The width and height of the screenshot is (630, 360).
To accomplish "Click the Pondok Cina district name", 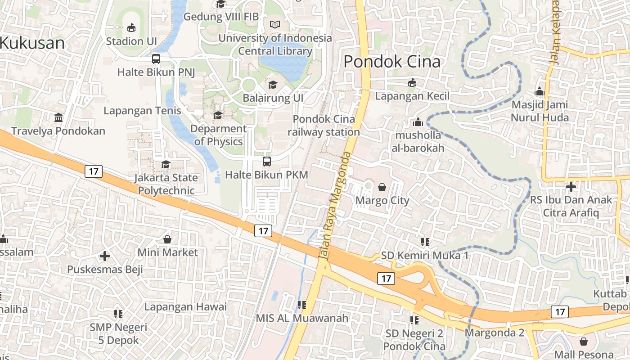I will coord(392,62).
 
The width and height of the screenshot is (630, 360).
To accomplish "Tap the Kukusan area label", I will coord(32,43).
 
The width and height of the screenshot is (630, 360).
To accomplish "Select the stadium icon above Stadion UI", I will coord(131,28).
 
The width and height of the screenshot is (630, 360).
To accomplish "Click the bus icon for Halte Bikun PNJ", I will coord(156,58).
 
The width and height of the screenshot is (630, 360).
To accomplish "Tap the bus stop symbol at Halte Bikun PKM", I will coord(267,161).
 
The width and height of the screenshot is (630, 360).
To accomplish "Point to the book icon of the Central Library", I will coord(274,25).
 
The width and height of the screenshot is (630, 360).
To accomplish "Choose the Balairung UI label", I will coord(273,98).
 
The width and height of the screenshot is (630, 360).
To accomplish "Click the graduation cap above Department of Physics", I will coord(218,116).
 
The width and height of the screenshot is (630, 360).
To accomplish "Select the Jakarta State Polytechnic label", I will coord(166,184).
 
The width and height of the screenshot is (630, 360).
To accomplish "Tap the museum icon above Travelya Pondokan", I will coord(58,118).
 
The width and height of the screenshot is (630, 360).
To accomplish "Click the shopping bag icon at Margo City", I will coord(382,187).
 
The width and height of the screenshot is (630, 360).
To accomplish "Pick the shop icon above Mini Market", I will coord(167,239).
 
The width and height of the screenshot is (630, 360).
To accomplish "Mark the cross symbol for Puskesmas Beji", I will coord(105,256).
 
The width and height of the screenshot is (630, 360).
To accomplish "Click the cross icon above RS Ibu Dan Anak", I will coord(571,186).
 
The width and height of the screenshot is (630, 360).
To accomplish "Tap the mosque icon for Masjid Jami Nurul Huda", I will coord(540,92).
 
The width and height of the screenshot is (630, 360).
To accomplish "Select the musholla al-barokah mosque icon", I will coord(418,122).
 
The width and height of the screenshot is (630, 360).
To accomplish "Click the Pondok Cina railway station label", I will coord(324,126).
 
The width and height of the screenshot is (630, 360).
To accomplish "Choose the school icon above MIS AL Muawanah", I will coord(302,305).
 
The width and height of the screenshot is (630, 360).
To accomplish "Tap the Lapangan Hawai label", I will coord(185,307).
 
